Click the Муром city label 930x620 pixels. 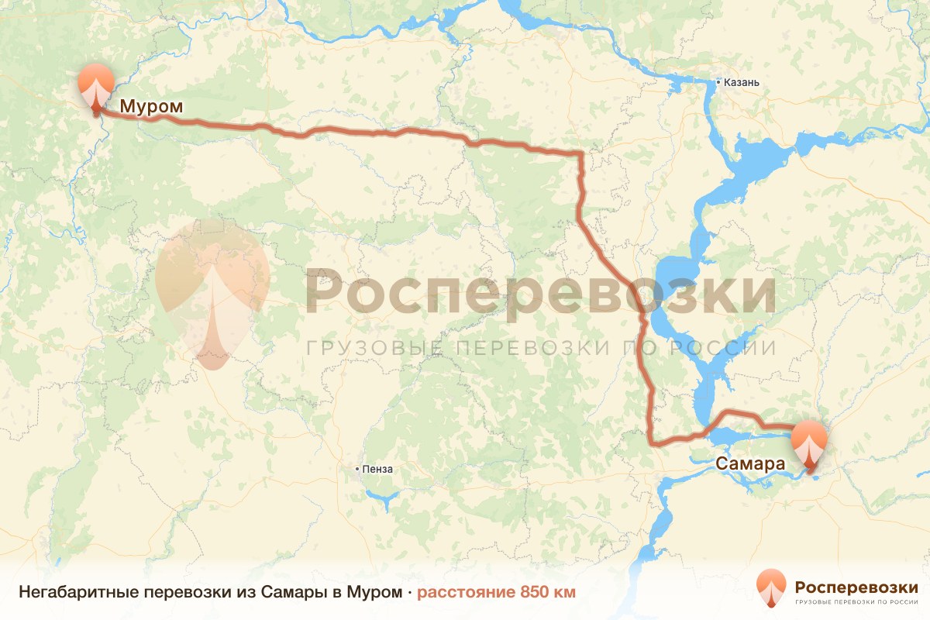pyautogui.click(x=151, y=107)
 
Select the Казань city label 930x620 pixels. pyautogui.click(x=743, y=82)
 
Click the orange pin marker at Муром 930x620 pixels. pyautogui.click(x=96, y=88)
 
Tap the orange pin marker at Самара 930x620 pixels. pyautogui.click(x=810, y=444)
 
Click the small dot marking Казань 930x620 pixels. pyautogui.click(x=718, y=82)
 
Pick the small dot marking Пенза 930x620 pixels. pyautogui.click(x=356, y=469)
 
